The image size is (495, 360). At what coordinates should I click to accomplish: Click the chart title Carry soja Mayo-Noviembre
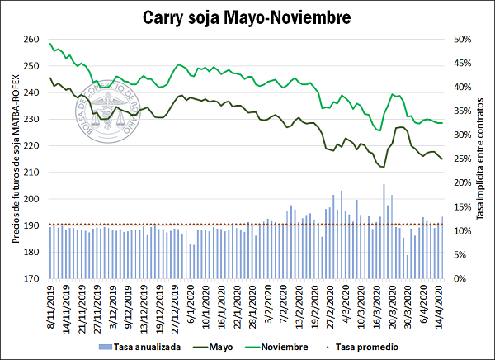coord(247,17)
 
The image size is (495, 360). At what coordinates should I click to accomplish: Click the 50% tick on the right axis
coord(460,40)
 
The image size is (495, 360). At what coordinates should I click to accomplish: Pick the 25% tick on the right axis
coord(460,159)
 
